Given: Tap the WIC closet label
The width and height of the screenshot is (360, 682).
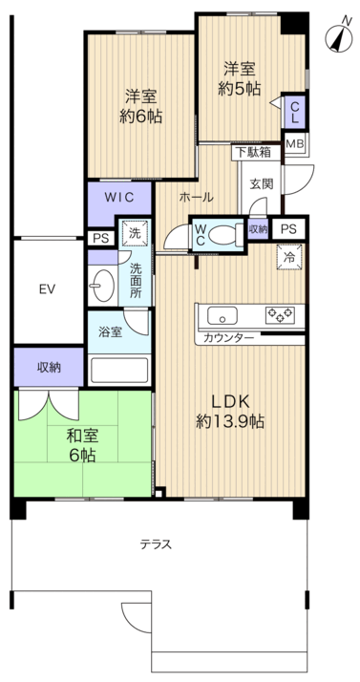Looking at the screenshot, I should (x=119, y=197).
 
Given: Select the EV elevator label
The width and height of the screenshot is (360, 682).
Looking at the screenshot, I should (x=46, y=289).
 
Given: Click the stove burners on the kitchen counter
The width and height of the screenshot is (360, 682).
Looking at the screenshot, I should (x=280, y=314).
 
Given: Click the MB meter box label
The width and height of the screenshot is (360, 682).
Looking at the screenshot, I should (x=296, y=144).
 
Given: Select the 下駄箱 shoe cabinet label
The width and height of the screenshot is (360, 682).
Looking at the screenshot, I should (x=252, y=152).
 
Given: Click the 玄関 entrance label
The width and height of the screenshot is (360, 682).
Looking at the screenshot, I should (x=262, y=184).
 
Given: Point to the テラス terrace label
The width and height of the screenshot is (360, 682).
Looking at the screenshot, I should (x=156, y=544).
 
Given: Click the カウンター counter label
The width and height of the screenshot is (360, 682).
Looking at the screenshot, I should (x=228, y=338).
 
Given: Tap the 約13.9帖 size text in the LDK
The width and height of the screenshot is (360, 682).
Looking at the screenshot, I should (x=230, y=421).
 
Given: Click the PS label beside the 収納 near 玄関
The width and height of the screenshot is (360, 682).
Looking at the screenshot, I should (x=287, y=228).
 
